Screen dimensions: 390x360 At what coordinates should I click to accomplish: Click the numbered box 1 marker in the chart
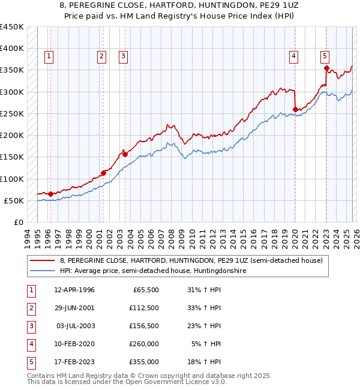(x=49, y=56)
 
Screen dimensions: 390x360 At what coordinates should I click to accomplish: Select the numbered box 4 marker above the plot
(x=294, y=56)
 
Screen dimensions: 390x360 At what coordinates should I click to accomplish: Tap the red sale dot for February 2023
(x=326, y=68)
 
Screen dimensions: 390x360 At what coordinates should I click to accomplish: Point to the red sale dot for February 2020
(x=295, y=109)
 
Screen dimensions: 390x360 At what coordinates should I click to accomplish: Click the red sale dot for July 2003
(x=125, y=154)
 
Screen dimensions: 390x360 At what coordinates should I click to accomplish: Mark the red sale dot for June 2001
(x=104, y=173)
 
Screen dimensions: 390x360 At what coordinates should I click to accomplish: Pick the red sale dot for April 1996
(x=50, y=194)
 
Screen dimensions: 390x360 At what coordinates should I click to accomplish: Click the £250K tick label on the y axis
(x=12, y=113)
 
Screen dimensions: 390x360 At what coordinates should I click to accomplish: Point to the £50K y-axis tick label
(x=14, y=200)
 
